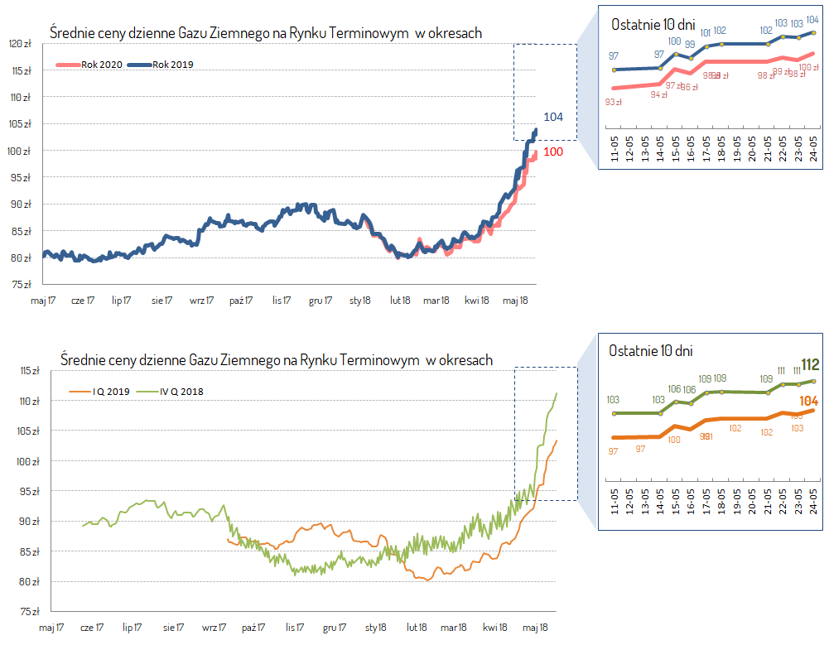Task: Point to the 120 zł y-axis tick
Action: pyautogui.click(x=22, y=43)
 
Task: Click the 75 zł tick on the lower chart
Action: pyautogui.click(x=29, y=611)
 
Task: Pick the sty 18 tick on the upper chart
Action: pyautogui.click(x=360, y=301)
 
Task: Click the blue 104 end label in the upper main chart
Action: pyautogui.click(x=553, y=117)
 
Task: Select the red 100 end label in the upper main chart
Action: pyautogui.click(x=553, y=152)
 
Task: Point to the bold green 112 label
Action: pyautogui.click(x=810, y=365)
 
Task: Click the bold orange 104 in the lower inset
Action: pyautogui.click(x=810, y=401)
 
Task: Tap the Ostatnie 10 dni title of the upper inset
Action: pyautogui.click(x=653, y=25)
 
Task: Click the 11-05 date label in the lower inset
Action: pyautogui.click(x=615, y=508)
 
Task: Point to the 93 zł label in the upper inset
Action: pyautogui.click(x=614, y=102)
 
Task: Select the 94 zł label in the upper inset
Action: pyautogui.click(x=659, y=94)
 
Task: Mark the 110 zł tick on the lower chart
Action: pyautogui.click(x=29, y=401)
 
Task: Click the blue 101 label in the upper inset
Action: pyautogui.click(x=706, y=33)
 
